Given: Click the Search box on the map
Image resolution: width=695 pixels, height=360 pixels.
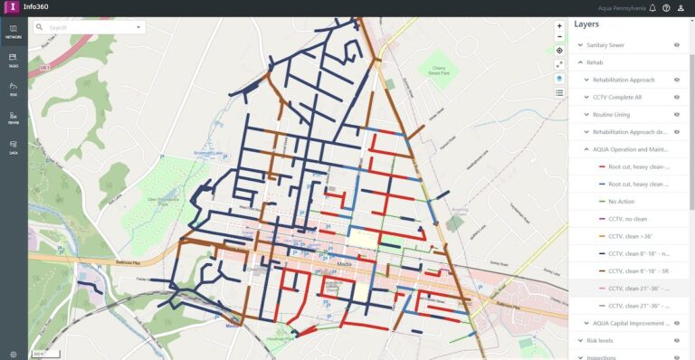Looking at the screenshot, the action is coord(86,28).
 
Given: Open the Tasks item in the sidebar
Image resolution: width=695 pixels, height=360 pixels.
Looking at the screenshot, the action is coord(14,60).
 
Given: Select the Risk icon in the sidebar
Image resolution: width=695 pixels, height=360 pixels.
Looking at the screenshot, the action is coord(14,89).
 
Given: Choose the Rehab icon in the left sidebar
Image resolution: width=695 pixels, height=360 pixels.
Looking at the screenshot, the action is coord(14,118).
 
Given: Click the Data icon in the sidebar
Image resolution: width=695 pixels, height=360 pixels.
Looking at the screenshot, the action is coord(14,147).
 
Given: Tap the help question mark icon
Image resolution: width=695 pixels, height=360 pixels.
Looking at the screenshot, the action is coord(666,7).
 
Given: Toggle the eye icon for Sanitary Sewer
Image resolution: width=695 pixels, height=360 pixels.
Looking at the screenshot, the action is coord(676,44).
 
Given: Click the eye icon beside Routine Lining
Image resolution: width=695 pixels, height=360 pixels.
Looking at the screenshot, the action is coord(676,115).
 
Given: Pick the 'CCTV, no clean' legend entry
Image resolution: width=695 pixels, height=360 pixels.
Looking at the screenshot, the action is coord(628,219).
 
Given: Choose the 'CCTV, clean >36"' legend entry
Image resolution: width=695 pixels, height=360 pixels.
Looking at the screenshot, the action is coord(632,236).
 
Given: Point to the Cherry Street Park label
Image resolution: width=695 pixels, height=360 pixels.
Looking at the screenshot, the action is coord(439,71).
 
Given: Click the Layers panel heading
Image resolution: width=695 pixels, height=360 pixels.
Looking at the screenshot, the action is coord(587,25).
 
